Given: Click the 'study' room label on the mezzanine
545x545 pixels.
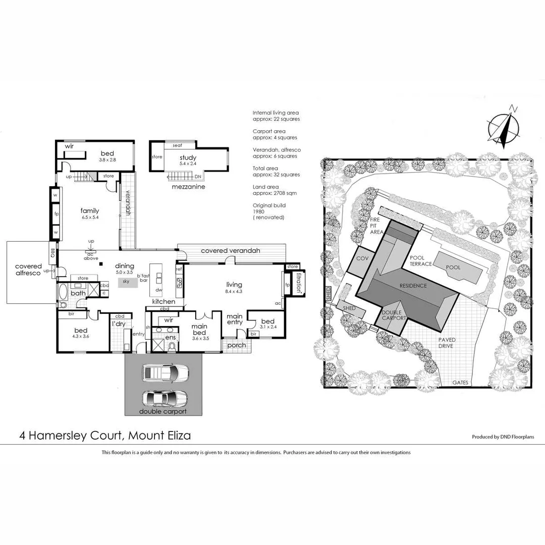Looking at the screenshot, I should (189, 157).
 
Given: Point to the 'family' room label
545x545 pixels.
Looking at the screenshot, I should (90, 211).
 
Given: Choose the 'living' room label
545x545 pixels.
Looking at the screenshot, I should (234, 285).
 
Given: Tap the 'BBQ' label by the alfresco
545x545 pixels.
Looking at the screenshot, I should (52, 252).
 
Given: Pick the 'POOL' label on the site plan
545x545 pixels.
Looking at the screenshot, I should (453, 267).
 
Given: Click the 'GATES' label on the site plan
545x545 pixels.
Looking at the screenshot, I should (460, 383).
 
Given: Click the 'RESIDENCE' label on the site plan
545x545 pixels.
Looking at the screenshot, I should (413, 286).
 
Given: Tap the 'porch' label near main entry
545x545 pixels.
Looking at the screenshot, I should (237, 345).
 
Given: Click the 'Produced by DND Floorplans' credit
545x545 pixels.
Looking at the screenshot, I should (503, 437).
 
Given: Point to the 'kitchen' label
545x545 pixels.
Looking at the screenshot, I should (163, 301).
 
